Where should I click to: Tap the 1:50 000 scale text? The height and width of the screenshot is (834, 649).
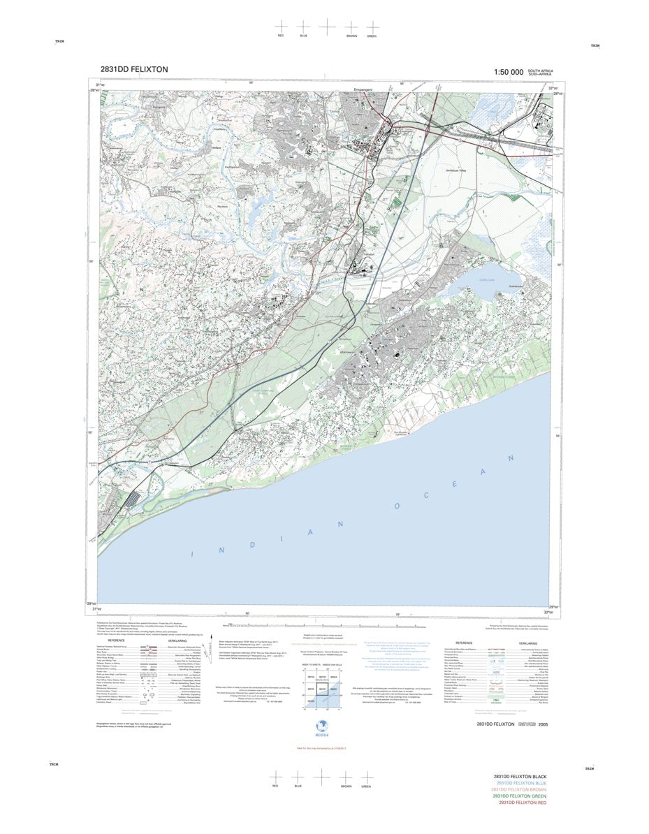point(508,72)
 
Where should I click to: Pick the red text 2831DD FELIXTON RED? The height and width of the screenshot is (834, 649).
point(522,803)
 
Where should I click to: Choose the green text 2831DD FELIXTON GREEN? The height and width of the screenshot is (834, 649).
point(520,796)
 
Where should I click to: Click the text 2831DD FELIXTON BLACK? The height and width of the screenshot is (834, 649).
point(520,777)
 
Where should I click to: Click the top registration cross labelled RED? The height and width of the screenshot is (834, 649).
point(281,26)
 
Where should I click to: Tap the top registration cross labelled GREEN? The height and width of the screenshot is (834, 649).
point(372,26)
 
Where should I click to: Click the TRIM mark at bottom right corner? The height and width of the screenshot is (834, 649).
point(589,768)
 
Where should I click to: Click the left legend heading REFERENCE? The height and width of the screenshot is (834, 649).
point(116,640)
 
